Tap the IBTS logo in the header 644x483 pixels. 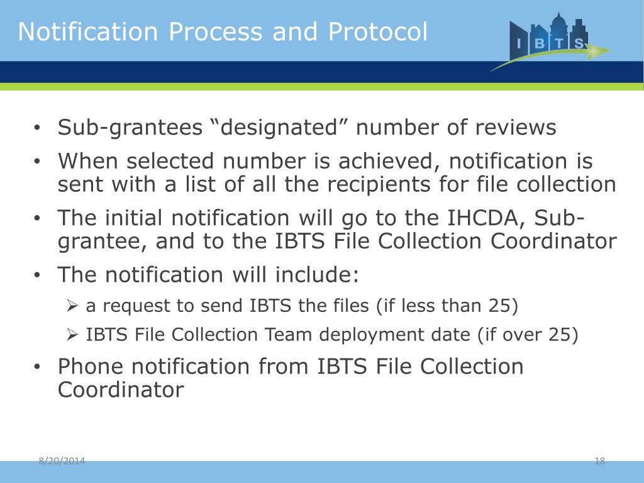coord(549,40)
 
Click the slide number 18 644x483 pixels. coord(599,462)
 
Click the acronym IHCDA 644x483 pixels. coord(492,218)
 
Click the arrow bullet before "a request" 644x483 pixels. coord(72,306)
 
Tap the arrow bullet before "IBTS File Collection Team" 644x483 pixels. coord(72,335)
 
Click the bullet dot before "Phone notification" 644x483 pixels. coord(38,367)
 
